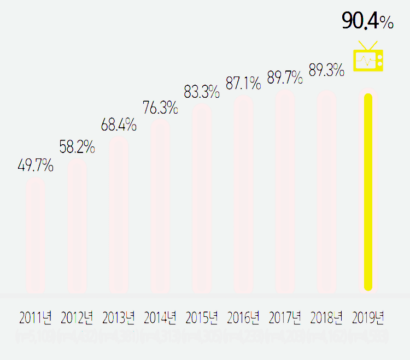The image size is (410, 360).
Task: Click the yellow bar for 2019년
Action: pyautogui.click(x=368, y=192)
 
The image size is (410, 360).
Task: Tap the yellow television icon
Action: pyautogui.click(x=368, y=57)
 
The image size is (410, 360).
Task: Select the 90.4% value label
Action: pyautogui.click(x=367, y=21)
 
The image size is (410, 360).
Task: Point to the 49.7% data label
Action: pyautogui.click(x=36, y=166)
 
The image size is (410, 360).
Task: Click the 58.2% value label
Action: pyautogui.click(x=77, y=147)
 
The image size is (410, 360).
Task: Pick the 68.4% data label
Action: pyautogui.click(x=119, y=125)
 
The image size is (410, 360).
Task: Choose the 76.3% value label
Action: pyautogui.click(x=160, y=108)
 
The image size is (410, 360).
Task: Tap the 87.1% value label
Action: pyautogui.click(x=243, y=84)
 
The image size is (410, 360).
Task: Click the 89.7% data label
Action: pyautogui.click(x=285, y=78)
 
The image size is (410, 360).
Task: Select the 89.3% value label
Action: pyautogui.click(x=326, y=70)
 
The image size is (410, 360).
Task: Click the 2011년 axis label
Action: pyautogui.click(x=36, y=317)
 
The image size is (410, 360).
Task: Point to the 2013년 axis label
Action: pyautogui.click(x=119, y=317)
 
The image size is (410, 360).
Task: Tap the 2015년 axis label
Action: pyautogui.click(x=202, y=317)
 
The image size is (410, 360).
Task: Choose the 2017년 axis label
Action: pyautogui.click(x=285, y=317)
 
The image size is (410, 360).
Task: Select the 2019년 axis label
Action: pyautogui.click(x=368, y=317)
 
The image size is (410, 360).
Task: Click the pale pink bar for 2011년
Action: pyautogui.click(x=36, y=235)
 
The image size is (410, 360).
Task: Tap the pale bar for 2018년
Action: pyautogui.click(x=326, y=192)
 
